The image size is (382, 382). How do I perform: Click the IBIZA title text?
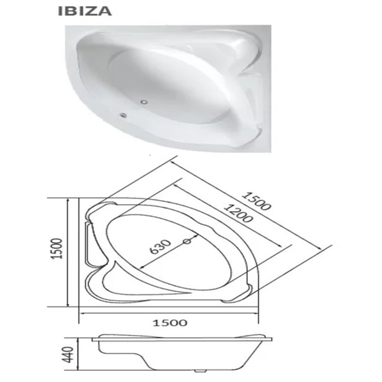[x=85, y=11]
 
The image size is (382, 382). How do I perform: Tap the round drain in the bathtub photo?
[x=145, y=102]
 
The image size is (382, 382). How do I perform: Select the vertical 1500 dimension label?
[x=57, y=248]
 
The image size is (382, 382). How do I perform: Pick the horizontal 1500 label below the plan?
[x=170, y=323]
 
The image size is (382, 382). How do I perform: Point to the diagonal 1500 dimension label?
[x=256, y=201]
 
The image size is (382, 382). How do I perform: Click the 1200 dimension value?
[x=238, y=214]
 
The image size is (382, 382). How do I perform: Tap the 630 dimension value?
[x=160, y=247]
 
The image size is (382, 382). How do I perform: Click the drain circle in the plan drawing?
[x=187, y=241]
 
